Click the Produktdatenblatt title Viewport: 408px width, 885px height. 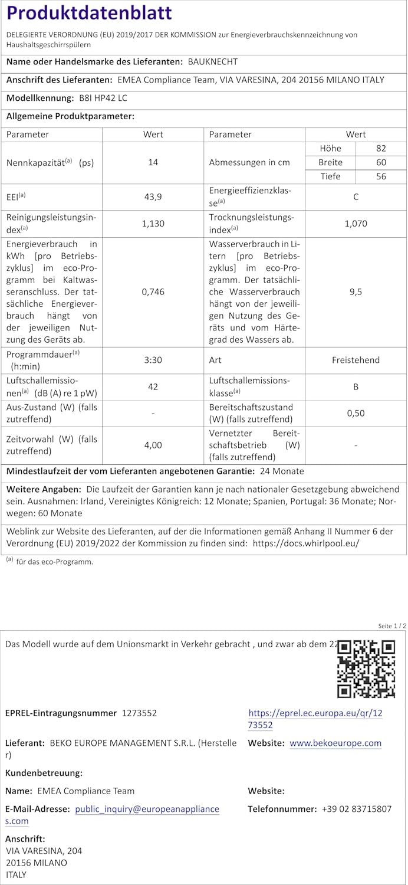coord(89,13)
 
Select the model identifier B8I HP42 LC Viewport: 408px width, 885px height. coord(99,99)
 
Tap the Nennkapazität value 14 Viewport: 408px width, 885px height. coord(153,162)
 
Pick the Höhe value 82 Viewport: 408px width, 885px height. coord(381,149)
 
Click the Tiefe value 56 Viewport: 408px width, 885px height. coord(381,176)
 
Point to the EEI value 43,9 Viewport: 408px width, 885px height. coord(153,197)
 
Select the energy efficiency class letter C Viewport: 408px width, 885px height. coord(356,197)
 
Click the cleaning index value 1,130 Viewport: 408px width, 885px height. coord(153,224)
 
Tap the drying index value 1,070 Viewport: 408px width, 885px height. coord(356,224)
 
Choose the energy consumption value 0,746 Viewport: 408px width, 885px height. coord(153,291)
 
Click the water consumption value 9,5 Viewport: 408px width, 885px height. coord(356,291)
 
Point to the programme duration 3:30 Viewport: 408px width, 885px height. coord(153,360)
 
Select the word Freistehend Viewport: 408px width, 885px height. coord(356,360)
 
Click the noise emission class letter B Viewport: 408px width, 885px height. coord(356,387)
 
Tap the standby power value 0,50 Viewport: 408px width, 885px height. coord(356,413)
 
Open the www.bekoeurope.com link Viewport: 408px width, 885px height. coord(335,743)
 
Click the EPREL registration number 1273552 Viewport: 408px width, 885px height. coord(139,713)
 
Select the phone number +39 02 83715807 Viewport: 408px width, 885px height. coord(357,809)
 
